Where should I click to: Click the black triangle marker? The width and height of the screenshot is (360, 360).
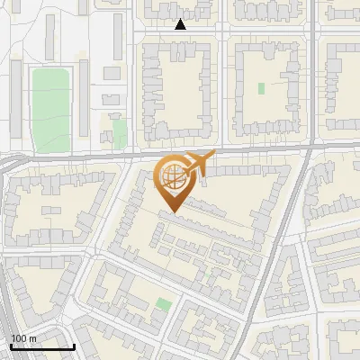(x=180, y=24)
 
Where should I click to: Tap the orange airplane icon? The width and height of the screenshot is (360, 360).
(x=200, y=162)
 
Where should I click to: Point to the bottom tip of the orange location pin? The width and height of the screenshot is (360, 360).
(x=171, y=212)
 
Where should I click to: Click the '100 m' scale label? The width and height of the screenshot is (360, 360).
(x=23, y=338)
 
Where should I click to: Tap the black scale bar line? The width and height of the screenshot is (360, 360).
(x=41, y=346)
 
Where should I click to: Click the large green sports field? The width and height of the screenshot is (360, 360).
(x=50, y=108)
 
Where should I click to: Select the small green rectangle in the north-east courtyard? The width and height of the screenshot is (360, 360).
(x=262, y=88)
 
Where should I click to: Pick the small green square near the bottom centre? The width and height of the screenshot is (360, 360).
(x=163, y=304)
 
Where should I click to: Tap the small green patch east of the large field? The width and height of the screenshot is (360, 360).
(x=120, y=135)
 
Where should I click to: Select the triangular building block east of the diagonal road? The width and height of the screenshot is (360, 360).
(x=328, y=193)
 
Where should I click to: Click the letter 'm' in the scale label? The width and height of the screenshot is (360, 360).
(x=32, y=338)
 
